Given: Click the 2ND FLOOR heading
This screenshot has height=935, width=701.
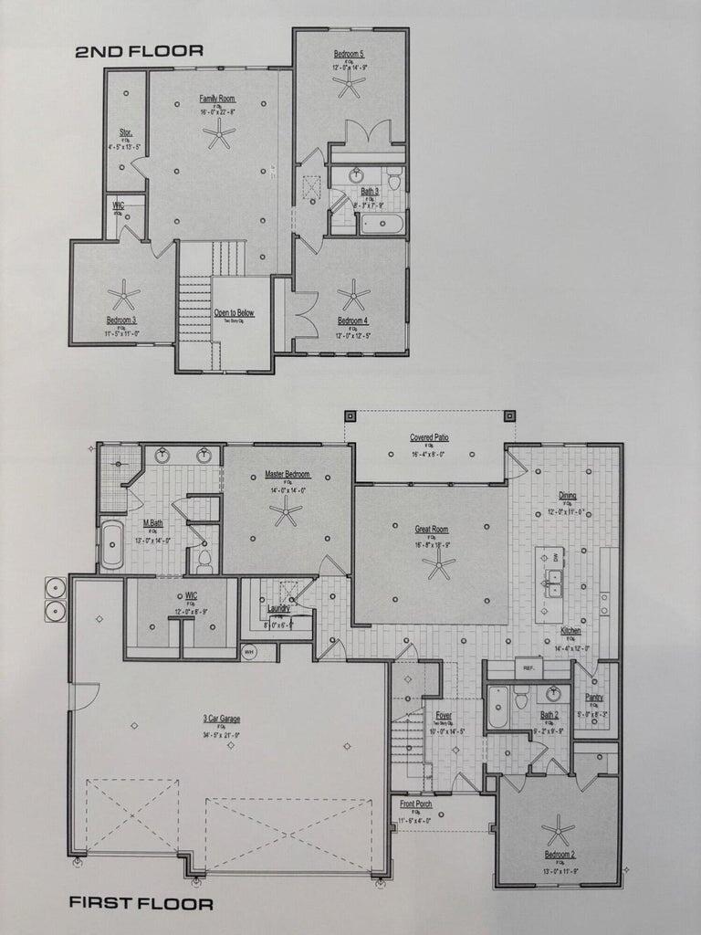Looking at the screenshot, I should tap(139, 51).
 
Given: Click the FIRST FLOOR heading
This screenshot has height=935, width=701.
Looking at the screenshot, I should tap(141, 904).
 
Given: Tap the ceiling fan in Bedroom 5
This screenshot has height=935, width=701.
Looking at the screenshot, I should tap(349, 86).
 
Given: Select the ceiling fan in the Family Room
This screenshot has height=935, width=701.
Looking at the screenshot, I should tap(219, 136).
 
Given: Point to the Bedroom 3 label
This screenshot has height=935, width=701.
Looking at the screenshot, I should tap(121, 320).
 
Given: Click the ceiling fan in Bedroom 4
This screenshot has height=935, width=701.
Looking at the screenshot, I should tap(352, 295).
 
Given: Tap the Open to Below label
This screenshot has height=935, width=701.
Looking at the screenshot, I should tap(235, 312).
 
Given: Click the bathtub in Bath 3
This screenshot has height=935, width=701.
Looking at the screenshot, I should tap(382, 223).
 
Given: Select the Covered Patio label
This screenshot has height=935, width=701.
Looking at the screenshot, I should tap(429, 438).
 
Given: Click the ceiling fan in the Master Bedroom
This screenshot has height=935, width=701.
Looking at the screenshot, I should tap(286, 511).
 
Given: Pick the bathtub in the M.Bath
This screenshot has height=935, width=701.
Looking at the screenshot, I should tap(111, 545).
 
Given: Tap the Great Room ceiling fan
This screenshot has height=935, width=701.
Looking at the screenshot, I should tap(439, 567).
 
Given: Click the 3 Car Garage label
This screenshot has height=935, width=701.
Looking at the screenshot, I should tap(222, 719).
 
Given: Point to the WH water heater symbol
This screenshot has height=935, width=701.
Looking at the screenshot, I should tap(249, 652).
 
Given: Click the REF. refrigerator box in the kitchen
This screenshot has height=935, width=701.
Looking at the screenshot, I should tap(528, 668).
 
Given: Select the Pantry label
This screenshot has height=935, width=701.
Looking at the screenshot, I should tap(594, 696).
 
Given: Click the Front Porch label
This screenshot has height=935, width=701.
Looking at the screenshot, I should tap(416, 804).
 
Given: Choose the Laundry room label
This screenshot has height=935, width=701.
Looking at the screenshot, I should tap(278, 608).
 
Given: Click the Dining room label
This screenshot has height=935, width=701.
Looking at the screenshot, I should tap(568, 496).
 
